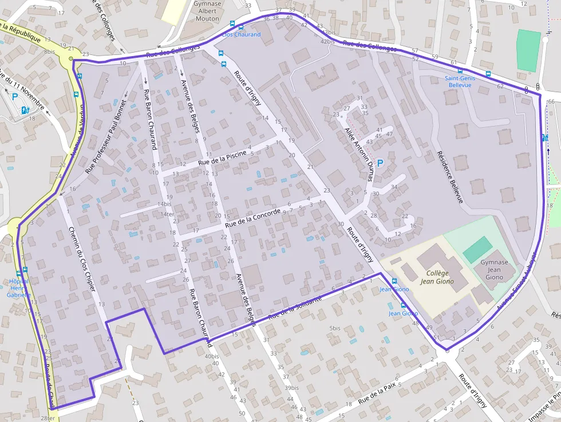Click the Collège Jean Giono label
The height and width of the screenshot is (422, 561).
click(x=437, y=277)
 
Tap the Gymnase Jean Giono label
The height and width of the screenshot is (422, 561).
click(x=494, y=270)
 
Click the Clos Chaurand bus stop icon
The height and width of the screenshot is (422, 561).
click(x=232, y=24)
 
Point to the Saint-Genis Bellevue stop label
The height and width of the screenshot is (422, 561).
click(x=460, y=81)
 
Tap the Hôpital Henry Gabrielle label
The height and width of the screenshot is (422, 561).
click(x=18, y=288)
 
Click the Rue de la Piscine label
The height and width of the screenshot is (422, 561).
click(x=222, y=158)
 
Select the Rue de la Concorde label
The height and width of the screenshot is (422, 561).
click(x=252, y=218)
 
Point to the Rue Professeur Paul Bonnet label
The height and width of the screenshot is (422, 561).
click(x=105, y=141)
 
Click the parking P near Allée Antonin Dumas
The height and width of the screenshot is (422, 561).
click(x=380, y=164)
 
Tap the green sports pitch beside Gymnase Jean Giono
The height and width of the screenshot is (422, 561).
click(x=477, y=250)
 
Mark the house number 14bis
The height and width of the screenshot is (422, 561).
click(x=164, y=204)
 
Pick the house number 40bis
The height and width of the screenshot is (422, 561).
click(x=211, y=357)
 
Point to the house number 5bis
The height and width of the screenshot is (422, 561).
click(x=335, y=328)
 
